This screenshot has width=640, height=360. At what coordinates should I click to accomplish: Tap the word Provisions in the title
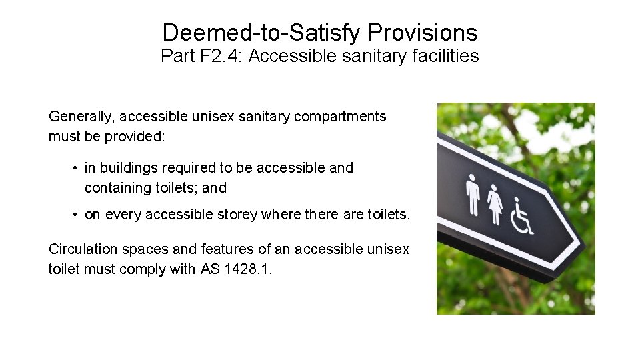(x=422, y=32)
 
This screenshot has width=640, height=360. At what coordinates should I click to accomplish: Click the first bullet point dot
(x=77, y=168)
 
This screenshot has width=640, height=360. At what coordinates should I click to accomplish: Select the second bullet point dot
(x=77, y=215)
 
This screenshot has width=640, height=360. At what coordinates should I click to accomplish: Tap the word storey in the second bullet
(x=237, y=215)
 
